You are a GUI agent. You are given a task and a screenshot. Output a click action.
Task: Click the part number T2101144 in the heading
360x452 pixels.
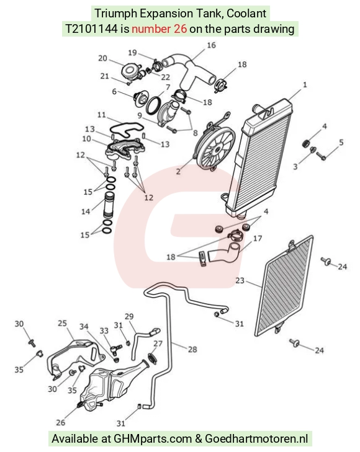tap(91, 29)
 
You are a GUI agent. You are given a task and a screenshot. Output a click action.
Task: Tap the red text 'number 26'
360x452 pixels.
tap(160, 29)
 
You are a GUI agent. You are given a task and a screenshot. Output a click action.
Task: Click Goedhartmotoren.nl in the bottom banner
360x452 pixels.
tap(256, 439)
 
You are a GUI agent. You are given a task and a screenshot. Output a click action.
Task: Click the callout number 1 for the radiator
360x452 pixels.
tap(305, 85)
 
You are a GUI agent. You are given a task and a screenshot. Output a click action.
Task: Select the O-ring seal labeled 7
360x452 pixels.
tap(153, 105)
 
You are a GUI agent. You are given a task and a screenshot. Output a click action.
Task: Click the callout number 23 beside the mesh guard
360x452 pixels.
tap(240, 280)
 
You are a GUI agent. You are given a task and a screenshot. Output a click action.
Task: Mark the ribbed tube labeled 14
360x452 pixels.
tap(109, 205)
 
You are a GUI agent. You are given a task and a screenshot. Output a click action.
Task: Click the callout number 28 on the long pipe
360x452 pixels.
tap(192, 349)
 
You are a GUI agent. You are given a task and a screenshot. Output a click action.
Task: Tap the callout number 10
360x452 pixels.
tap(86, 139)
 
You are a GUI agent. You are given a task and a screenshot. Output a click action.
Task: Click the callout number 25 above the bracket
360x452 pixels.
tap(62, 323)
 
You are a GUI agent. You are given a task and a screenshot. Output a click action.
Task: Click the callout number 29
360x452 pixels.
tap(129, 316)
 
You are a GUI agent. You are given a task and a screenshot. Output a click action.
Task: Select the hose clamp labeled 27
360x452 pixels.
tap(152, 358)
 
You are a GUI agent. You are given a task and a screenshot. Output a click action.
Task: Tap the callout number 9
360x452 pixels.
tap(140, 115)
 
